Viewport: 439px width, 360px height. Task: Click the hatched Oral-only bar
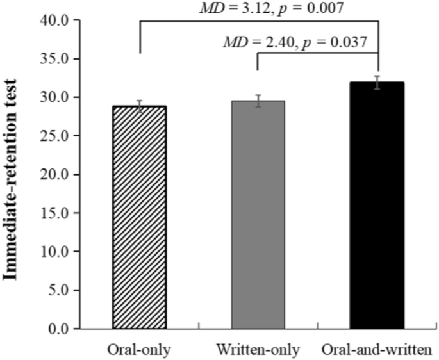[139, 217]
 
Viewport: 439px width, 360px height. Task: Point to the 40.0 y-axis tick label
[56, 20]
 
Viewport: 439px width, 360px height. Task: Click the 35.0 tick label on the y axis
[56, 58]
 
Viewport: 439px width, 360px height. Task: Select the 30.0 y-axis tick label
[56, 97]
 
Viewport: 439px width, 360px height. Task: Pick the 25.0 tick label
[56, 136]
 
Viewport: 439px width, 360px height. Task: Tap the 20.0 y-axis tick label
[56, 174]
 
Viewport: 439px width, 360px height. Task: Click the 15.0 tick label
[56, 213]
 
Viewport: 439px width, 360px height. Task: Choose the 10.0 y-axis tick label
[56, 251]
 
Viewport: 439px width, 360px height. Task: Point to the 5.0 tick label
[58, 290]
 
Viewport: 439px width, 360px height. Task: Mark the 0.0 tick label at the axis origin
[58, 329]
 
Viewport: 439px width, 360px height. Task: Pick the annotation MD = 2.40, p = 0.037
[295, 43]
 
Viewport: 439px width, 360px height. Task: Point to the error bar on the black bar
[377, 82]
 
